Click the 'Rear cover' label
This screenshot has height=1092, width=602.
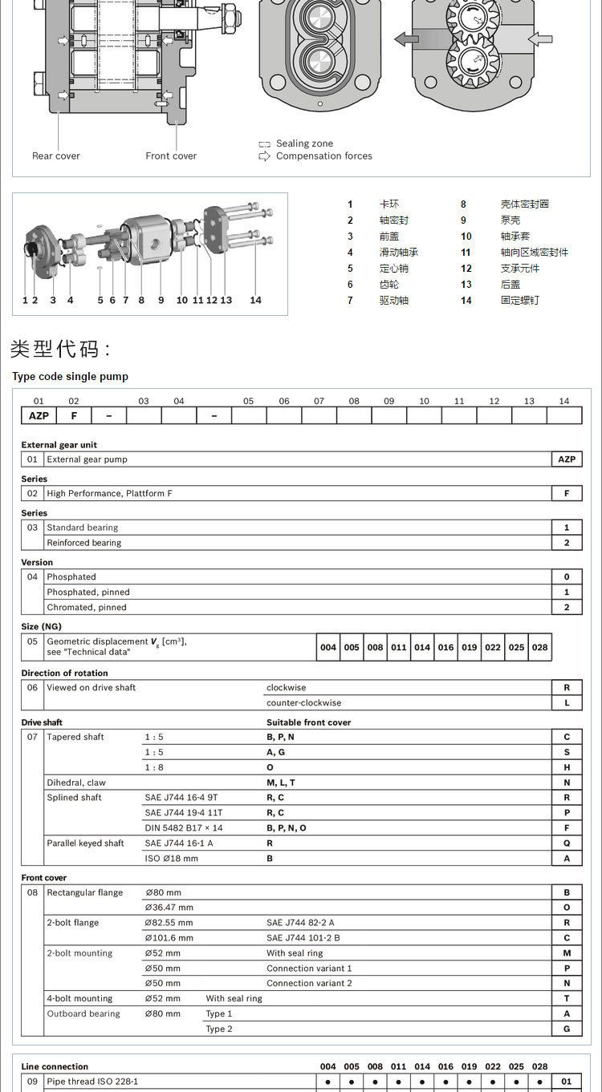coord(56,156)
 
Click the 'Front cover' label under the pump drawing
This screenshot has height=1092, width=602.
coord(171,156)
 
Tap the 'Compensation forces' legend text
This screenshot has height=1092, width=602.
coord(323,156)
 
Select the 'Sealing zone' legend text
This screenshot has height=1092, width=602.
coord(304,144)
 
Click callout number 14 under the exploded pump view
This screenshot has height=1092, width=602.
coord(255,300)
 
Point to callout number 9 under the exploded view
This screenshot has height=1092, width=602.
coord(161,300)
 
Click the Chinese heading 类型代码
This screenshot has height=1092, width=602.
coord(60,349)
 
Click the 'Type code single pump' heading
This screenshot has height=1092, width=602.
coord(70,376)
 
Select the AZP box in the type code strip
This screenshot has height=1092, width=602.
coord(39,415)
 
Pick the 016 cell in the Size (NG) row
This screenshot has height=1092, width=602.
coord(445,647)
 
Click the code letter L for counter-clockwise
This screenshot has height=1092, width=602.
coord(567,702)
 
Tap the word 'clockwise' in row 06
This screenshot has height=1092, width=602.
coord(286,687)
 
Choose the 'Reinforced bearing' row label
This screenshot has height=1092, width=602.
coord(83,543)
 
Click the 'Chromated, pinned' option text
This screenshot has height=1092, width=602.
coord(87,607)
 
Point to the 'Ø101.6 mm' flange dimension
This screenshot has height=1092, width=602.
coord(169,937)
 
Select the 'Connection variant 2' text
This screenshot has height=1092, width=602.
coord(309,983)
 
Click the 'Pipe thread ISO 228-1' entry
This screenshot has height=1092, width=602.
coord(92,1082)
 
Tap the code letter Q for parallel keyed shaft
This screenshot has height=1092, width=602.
coord(567,843)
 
